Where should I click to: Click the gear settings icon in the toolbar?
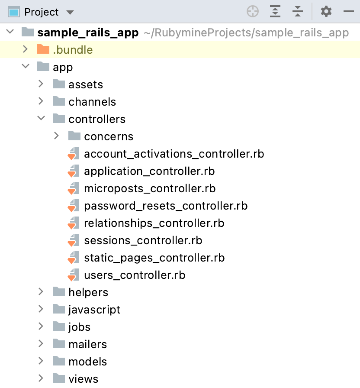(326, 12)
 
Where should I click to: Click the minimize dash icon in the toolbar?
(349, 12)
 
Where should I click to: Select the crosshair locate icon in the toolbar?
(253, 12)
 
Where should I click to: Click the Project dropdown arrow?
(70, 13)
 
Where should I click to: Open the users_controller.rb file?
(135, 275)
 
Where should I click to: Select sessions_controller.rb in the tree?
(143, 240)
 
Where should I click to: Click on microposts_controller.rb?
(150, 188)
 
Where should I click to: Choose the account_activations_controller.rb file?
(174, 154)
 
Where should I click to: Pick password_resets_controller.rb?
(166, 206)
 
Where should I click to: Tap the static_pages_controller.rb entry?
(154, 258)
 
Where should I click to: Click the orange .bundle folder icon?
(43, 49)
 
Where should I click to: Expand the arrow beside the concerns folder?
(57, 136)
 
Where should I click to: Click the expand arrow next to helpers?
(41, 292)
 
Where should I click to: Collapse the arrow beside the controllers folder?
(41, 118)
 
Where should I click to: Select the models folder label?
(87, 362)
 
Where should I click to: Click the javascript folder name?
(94, 310)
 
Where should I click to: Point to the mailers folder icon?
(59, 344)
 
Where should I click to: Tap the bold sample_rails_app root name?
(88, 32)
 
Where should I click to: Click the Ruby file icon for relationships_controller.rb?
(73, 223)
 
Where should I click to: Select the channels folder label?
(92, 102)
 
